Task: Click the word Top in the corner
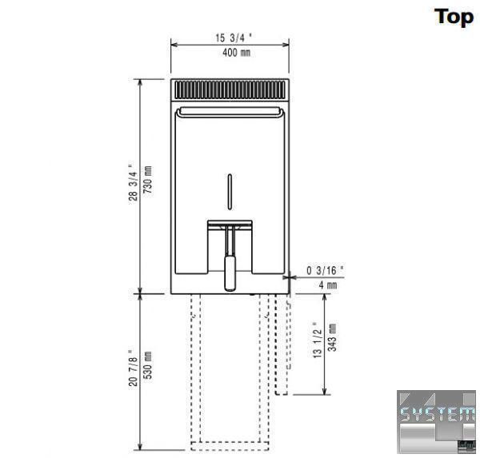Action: [454, 18]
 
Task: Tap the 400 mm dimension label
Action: [236, 53]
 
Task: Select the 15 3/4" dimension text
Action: [234, 38]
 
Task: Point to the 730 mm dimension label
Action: [148, 180]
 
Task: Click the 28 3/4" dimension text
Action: [133, 182]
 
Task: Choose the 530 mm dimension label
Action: [148, 365]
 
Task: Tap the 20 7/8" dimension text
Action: [133, 368]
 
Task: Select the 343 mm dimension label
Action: [332, 337]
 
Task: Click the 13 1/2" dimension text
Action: [318, 340]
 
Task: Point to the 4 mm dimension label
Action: [328, 285]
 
